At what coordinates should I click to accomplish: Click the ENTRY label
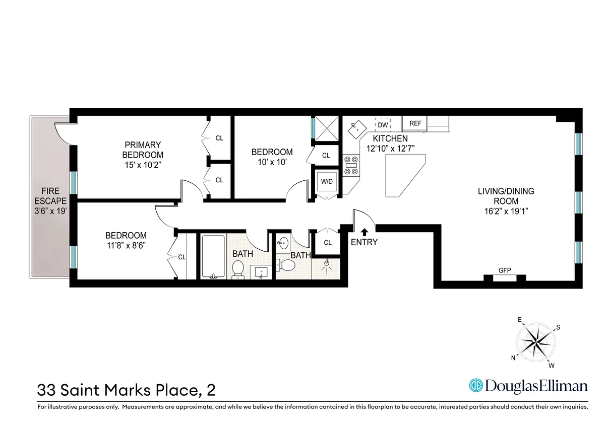click(x=364, y=242)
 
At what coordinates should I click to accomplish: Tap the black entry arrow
click(x=364, y=232)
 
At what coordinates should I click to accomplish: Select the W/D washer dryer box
click(x=327, y=181)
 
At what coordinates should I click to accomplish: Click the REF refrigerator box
click(x=415, y=123)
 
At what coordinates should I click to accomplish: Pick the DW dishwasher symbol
click(x=383, y=124)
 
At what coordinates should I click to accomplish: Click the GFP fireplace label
click(x=505, y=270)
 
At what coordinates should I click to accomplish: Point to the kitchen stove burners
click(x=350, y=165)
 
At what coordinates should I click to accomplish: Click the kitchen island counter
click(x=403, y=174)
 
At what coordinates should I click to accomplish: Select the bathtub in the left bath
click(x=213, y=256)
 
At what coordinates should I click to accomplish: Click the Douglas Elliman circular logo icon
click(x=475, y=386)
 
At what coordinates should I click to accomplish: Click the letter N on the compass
click(x=513, y=358)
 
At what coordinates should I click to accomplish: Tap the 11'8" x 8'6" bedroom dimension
click(x=126, y=246)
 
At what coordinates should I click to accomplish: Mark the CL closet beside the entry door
click(x=328, y=242)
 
